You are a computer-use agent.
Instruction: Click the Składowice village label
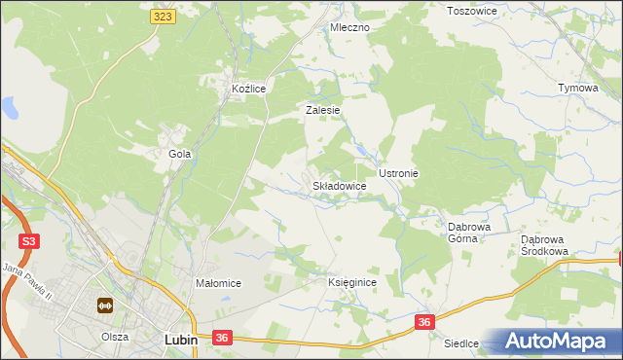pyautogui.click(x=339, y=185)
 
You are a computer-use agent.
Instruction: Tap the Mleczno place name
pyautogui.click(x=349, y=27)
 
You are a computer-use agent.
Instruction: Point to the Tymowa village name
pyautogui.click(x=577, y=88)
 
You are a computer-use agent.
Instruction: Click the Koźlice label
pyautogui.click(x=248, y=89)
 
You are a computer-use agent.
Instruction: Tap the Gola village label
pyautogui.click(x=179, y=154)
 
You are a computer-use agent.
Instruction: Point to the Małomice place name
pyautogui.click(x=218, y=283)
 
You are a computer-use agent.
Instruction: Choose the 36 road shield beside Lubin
pyautogui.click(x=223, y=338)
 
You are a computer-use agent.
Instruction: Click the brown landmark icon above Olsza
pyautogui.click(x=104, y=306)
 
